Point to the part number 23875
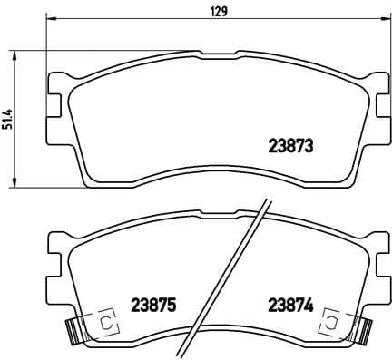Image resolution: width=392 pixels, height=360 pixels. coord(152,305)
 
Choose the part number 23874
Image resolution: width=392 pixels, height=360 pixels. coord(289,305)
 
